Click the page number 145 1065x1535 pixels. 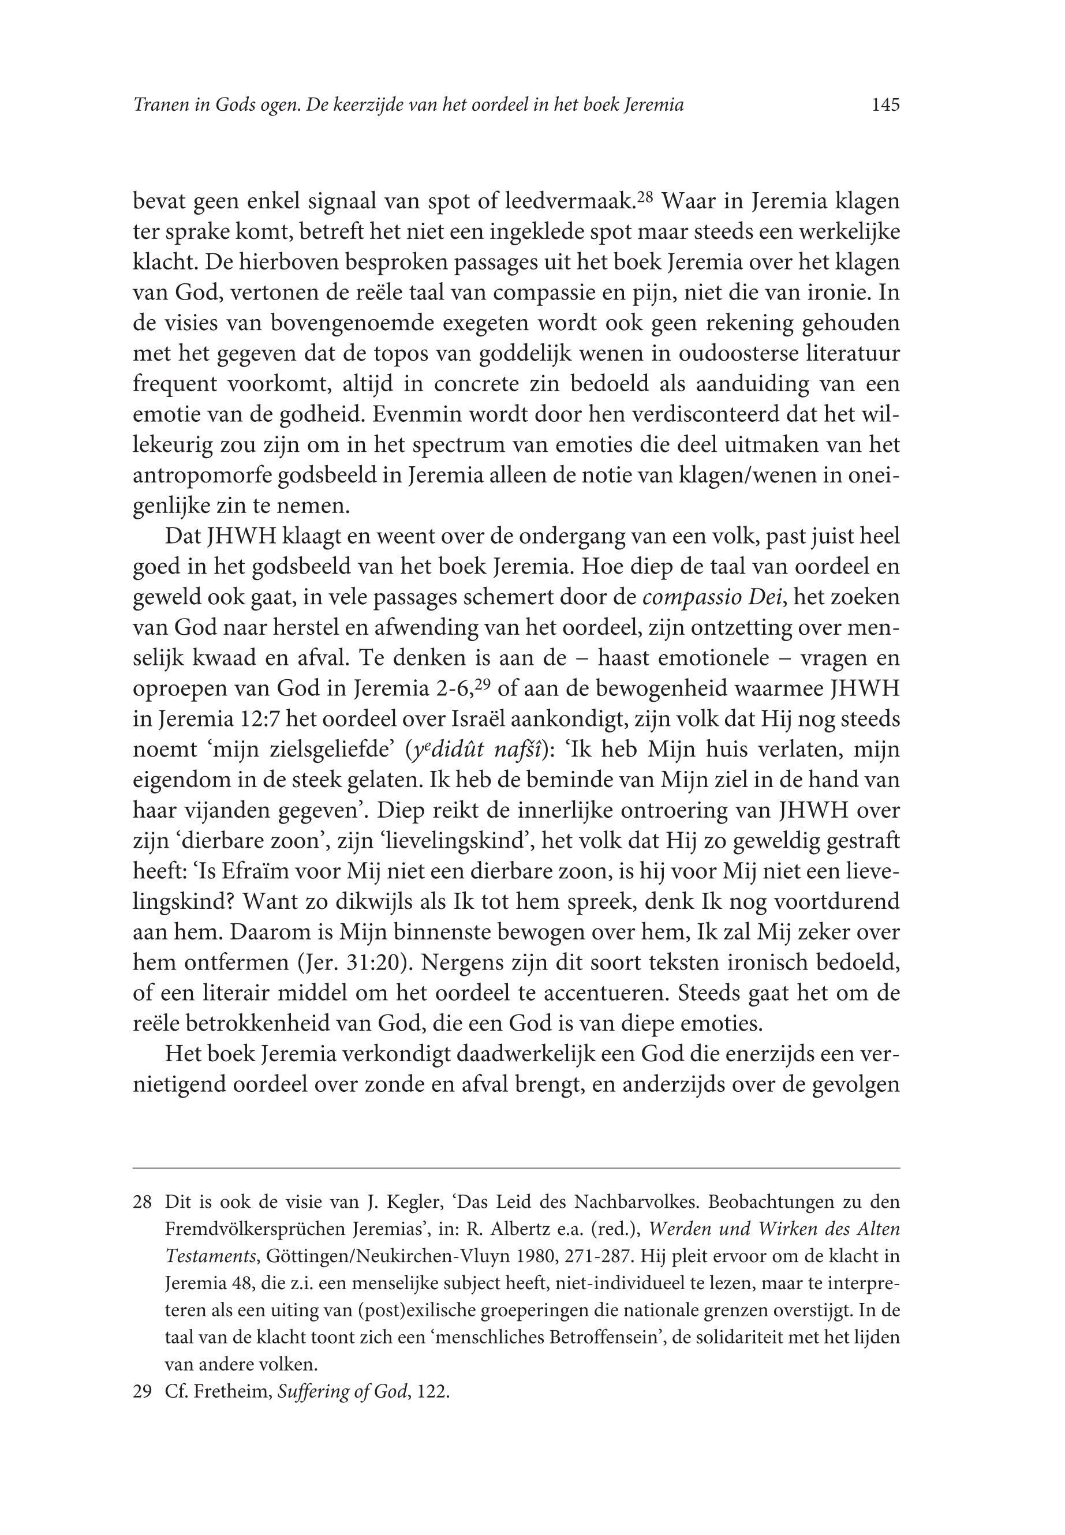pos(885,104)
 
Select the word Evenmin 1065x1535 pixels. pos(408,415)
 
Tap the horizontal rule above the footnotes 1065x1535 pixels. pos(517,1168)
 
